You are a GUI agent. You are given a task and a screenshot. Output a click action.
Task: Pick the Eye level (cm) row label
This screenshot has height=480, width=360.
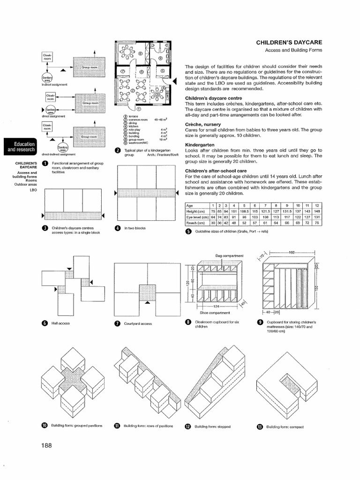[197, 217]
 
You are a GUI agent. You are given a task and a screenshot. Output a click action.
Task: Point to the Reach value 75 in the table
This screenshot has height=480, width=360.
[317, 223]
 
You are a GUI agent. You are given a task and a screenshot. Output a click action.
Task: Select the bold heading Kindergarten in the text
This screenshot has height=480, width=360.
[199, 145]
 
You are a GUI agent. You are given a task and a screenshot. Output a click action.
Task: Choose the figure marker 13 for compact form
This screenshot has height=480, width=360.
[260, 427]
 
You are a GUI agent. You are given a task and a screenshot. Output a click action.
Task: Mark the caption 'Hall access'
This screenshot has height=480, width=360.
[61, 323]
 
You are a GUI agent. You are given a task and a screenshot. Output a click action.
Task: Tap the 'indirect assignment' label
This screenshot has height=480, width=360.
[55, 84]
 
